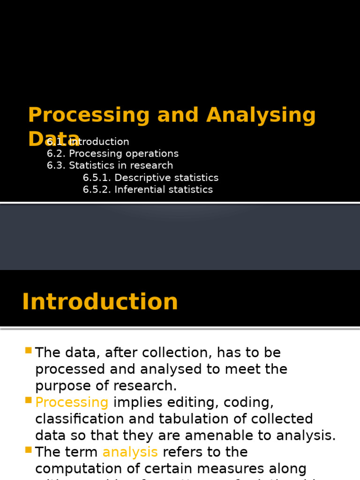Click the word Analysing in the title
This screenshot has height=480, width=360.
(x=261, y=115)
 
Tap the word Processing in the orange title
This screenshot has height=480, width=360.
(x=89, y=115)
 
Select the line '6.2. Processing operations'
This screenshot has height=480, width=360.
(x=112, y=153)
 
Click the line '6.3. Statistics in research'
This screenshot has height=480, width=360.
(x=110, y=165)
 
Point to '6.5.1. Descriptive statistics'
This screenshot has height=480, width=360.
(x=150, y=178)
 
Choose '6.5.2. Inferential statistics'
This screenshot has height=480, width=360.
(x=148, y=189)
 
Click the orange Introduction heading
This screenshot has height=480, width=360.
(x=100, y=302)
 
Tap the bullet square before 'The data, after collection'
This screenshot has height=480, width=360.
(x=29, y=351)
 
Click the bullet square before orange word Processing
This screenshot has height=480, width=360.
(x=29, y=400)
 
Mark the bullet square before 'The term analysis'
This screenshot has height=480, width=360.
(x=29, y=450)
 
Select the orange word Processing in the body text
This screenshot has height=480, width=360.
(x=72, y=403)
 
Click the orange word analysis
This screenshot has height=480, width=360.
(x=130, y=452)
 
